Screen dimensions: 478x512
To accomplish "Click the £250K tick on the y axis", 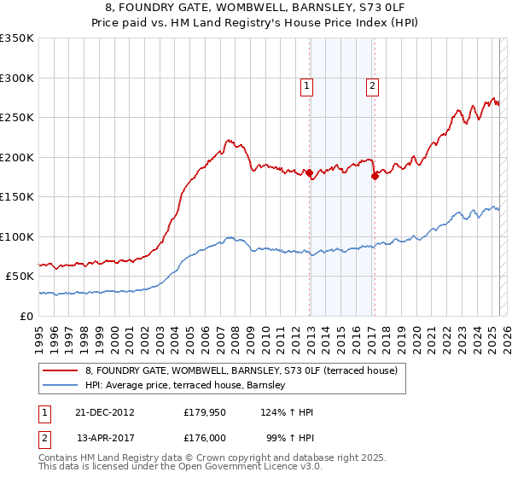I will click(x=19, y=118).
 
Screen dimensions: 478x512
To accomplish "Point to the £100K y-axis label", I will click(x=19, y=236).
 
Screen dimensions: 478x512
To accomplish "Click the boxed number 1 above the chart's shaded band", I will click(x=305, y=85).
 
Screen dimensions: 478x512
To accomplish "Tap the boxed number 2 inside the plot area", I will click(x=373, y=85).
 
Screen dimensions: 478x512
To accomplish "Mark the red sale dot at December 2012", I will click(x=309, y=173).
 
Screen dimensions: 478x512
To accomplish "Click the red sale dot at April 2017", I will click(x=375, y=177).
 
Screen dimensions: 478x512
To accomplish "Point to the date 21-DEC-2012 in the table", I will click(x=105, y=412).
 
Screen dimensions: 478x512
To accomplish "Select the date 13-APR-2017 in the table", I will click(x=105, y=438).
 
